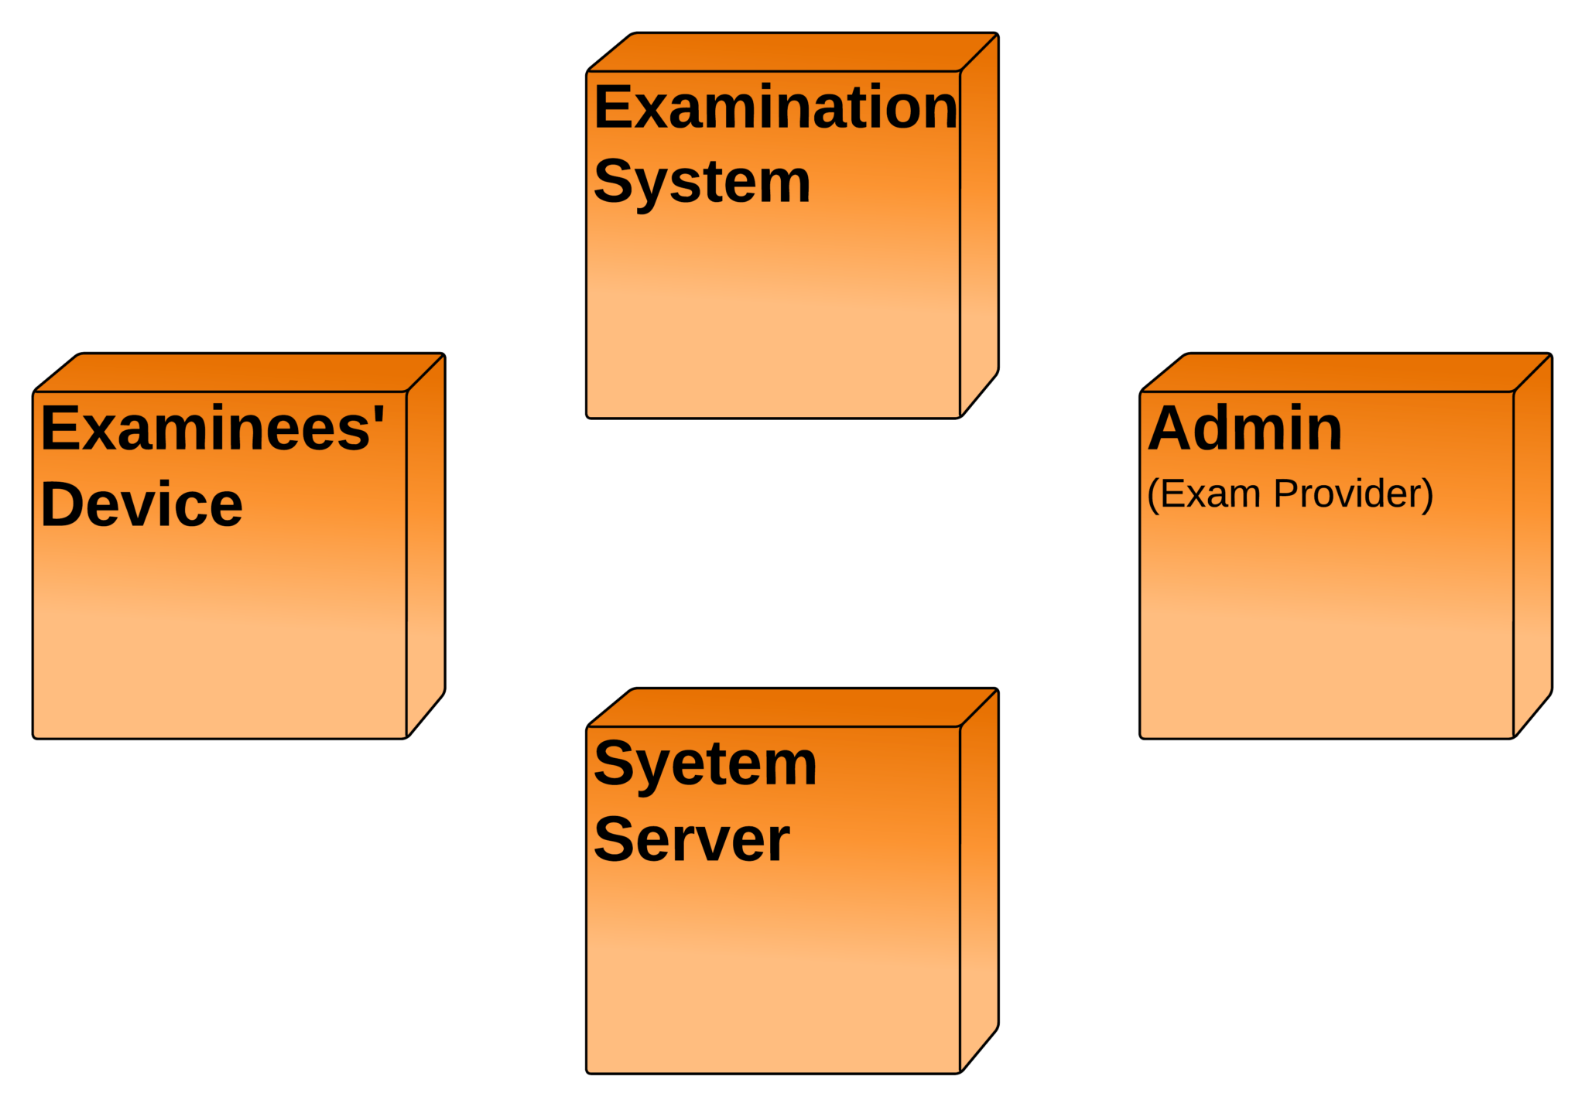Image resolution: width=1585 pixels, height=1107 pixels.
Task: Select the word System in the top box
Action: point(702,183)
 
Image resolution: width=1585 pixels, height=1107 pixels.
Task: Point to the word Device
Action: point(142,504)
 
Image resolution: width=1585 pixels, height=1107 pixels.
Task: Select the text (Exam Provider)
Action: point(1289,494)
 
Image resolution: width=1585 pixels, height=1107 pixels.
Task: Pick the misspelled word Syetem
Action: point(705,764)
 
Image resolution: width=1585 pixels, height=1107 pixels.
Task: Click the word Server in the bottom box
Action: point(691,840)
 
